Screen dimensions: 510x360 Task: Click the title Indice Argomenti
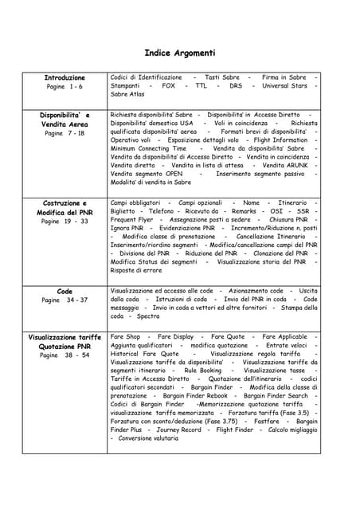(x=179, y=53)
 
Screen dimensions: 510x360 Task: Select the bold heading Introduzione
(x=65, y=77)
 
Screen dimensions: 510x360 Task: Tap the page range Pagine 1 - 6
(x=65, y=86)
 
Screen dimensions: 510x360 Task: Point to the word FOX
(x=168, y=85)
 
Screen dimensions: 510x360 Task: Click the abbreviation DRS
(x=236, y=85)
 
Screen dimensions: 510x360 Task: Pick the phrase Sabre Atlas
(x=127, y=94)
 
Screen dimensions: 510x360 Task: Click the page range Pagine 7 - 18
(x=65, y=133)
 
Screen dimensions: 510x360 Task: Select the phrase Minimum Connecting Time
(x=148, y=148)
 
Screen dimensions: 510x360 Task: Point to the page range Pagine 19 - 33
(x=65, y=221)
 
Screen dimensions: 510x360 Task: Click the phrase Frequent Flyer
(x=131, y=219)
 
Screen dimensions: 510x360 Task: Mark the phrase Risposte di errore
(x=136, y=270)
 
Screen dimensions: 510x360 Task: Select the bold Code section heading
(x=65, y=292)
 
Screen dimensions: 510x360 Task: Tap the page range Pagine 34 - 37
(x=65, y=300)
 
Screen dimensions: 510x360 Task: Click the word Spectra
(x=148, y=316)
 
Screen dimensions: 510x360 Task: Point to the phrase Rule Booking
(x=203, y=371)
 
